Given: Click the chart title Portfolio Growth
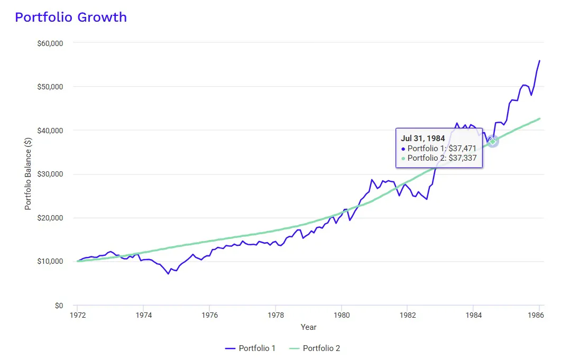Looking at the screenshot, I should pyautogui.click(x=71, y=17).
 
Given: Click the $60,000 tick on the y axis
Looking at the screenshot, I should pyautogui.click(x=50, y=43).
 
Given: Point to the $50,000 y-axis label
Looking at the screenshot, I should pyautogui.click(x=50, y=87).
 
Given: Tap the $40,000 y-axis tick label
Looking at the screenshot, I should pyautogui.click(x=50, y=131).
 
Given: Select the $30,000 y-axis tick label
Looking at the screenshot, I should pyautogui.click(x=50, y=174).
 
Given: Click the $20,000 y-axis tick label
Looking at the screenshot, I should pyautogui.click(x=50, y=218).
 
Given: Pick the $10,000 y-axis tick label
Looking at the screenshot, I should pyautogui.click(x=50, y=262).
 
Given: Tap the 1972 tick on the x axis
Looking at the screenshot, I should pyautogui.click(x=78, y=315).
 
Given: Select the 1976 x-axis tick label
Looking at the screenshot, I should pyautogui.click(x=209, y=315).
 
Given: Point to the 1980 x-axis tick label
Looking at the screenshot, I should pyautogui.click(x=341, y=315).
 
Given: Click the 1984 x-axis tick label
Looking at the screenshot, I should pyautogui.click(x=473, y=315).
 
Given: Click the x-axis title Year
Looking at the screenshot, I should pyautogui.click(x=308, y=327).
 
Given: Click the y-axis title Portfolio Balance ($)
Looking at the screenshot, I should pyautogui.click(x=28, y=174).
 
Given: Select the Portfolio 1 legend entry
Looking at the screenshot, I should pyautogui.click(x=251, y=348).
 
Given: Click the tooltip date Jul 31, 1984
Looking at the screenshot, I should pyautogui.click(x=423, y=139).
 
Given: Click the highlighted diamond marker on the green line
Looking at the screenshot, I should pyautogui.click(x=493, y=141).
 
